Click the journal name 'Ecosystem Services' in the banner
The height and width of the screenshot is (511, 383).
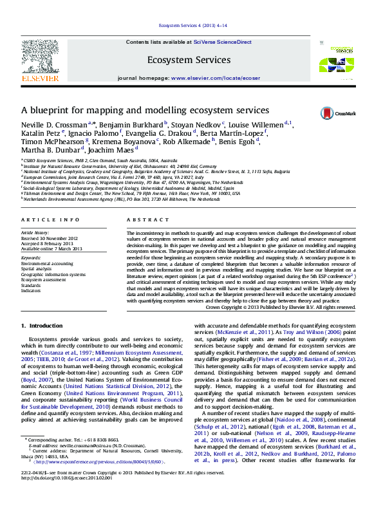[x=189, y=60]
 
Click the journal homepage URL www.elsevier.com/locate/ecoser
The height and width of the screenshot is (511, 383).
[x=216, y=78]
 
